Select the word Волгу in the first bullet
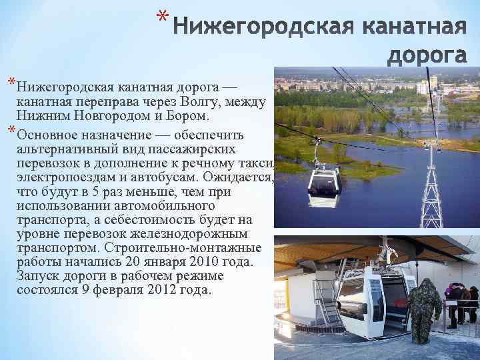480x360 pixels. (x=207, y=102)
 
